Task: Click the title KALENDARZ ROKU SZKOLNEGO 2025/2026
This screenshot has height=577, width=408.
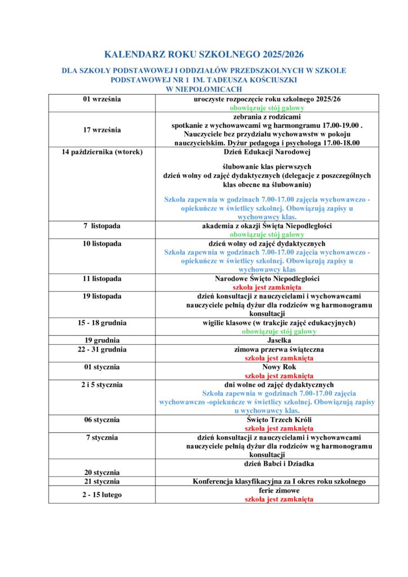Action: tap(204, 55)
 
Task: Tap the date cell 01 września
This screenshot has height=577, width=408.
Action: tap(102, 99)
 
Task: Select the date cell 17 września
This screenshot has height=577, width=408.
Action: tap(102, 130)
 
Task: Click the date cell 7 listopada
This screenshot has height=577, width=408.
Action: tap(102, 226)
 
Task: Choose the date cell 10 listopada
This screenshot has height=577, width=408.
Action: tap(102, 243)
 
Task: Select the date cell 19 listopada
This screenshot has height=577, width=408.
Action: tap(102, 296)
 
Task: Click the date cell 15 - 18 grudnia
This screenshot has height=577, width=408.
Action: tap(102, 323)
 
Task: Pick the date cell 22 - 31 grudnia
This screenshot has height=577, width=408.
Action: tap(102, 349)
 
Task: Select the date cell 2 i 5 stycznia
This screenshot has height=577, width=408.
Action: tap(102, 384)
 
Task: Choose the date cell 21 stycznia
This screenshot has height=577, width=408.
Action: tap(102, 481)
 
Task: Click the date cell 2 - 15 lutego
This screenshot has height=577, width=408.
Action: tap(102, 495)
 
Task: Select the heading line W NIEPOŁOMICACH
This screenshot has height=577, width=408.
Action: tap(204, 89)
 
